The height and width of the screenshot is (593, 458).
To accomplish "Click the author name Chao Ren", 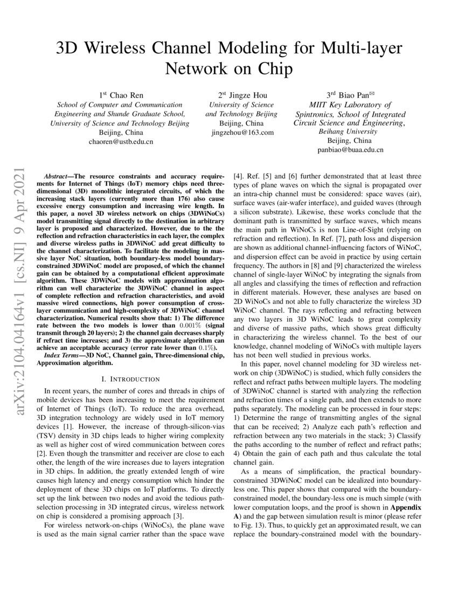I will pyautogui.click(x=125, y=95).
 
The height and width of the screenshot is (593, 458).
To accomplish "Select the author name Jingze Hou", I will pyautogui.click(x=246, y=95).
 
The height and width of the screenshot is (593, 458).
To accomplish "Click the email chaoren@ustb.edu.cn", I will pyautogui.click(x=121, y=142).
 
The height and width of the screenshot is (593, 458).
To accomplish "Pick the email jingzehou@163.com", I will pyautogui.click(x=242, y=132).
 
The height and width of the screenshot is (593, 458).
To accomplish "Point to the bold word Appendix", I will pyautogui.click(x=407, y=508).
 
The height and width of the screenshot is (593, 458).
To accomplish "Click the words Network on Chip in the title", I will pyautogui.click(x=228, y=69).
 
